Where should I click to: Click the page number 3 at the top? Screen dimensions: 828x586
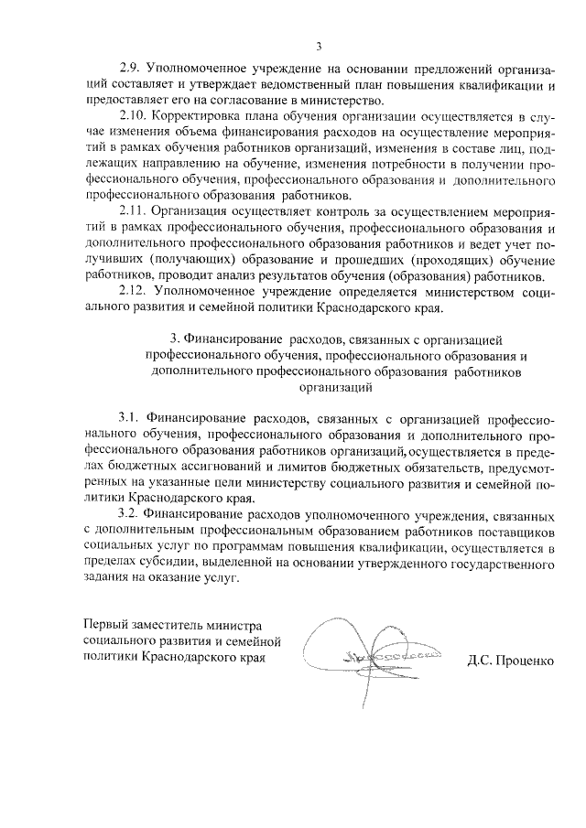(x=319, y=47)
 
